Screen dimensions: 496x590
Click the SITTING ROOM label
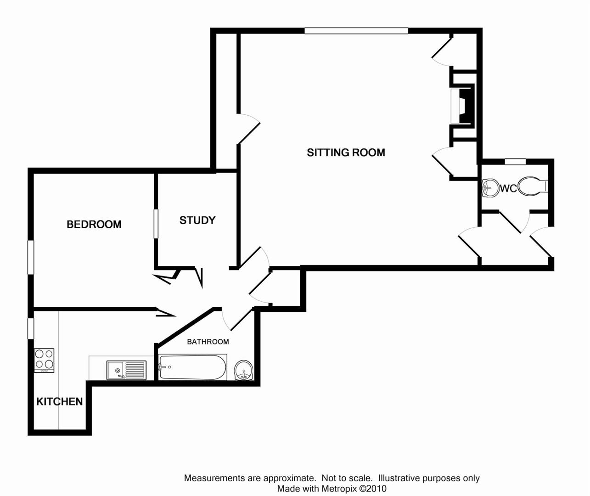coord(346,152)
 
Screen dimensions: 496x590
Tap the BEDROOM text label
coord(94,224)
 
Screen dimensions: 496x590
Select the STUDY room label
coord(197,220)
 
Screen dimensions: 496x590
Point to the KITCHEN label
coord(60,401)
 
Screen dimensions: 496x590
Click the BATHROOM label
coord(208,342)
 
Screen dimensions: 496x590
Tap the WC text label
coord(508,188)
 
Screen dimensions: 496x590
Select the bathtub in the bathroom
coord(193,367)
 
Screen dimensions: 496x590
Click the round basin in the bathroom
coord(244,370)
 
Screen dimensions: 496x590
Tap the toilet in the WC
coord(533,186)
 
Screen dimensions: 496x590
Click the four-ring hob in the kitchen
coord(45,360)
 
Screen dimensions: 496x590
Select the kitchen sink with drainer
coord(126,370)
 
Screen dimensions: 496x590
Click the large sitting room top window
coord(356,31)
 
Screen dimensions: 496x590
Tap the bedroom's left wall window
coord(31,257)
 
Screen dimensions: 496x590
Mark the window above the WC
coord(515,162)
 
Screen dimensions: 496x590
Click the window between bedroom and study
coord(156,224)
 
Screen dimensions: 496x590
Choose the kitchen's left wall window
coord(31,328)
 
